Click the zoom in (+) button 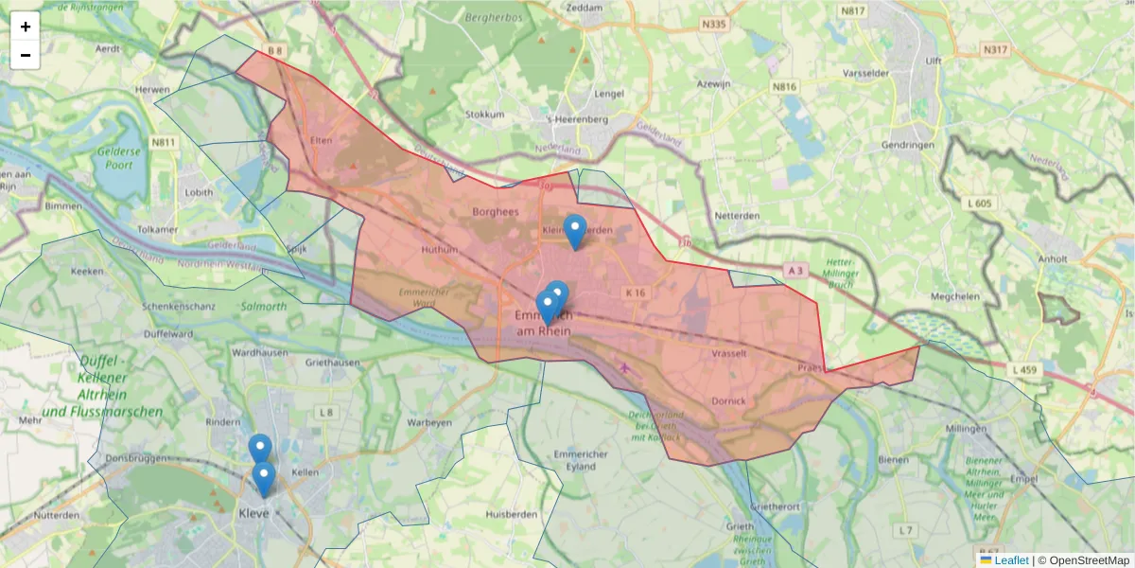pyautogui.click(x=26, y=27)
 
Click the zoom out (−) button pyautogui.click(x=26, y=55)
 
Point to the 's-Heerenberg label pyautogui.click(x=577, y=120)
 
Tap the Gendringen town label pyautogui.click(x=907, y=145)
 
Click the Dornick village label pyautogui.click(x=729, y=401)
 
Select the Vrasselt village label pyautogui.click(x=728, y=353)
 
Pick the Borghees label pyautogui.click(x=496, y=212)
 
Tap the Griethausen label pyautogui.click(x=333, y=362)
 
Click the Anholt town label pyautogui.click(x=1052, y=257)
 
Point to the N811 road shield pyautogui.click(x=164, y=142)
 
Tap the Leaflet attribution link pyautogui.click(x=1011, y=560)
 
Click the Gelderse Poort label pyautogui.click(x=118, y=159)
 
